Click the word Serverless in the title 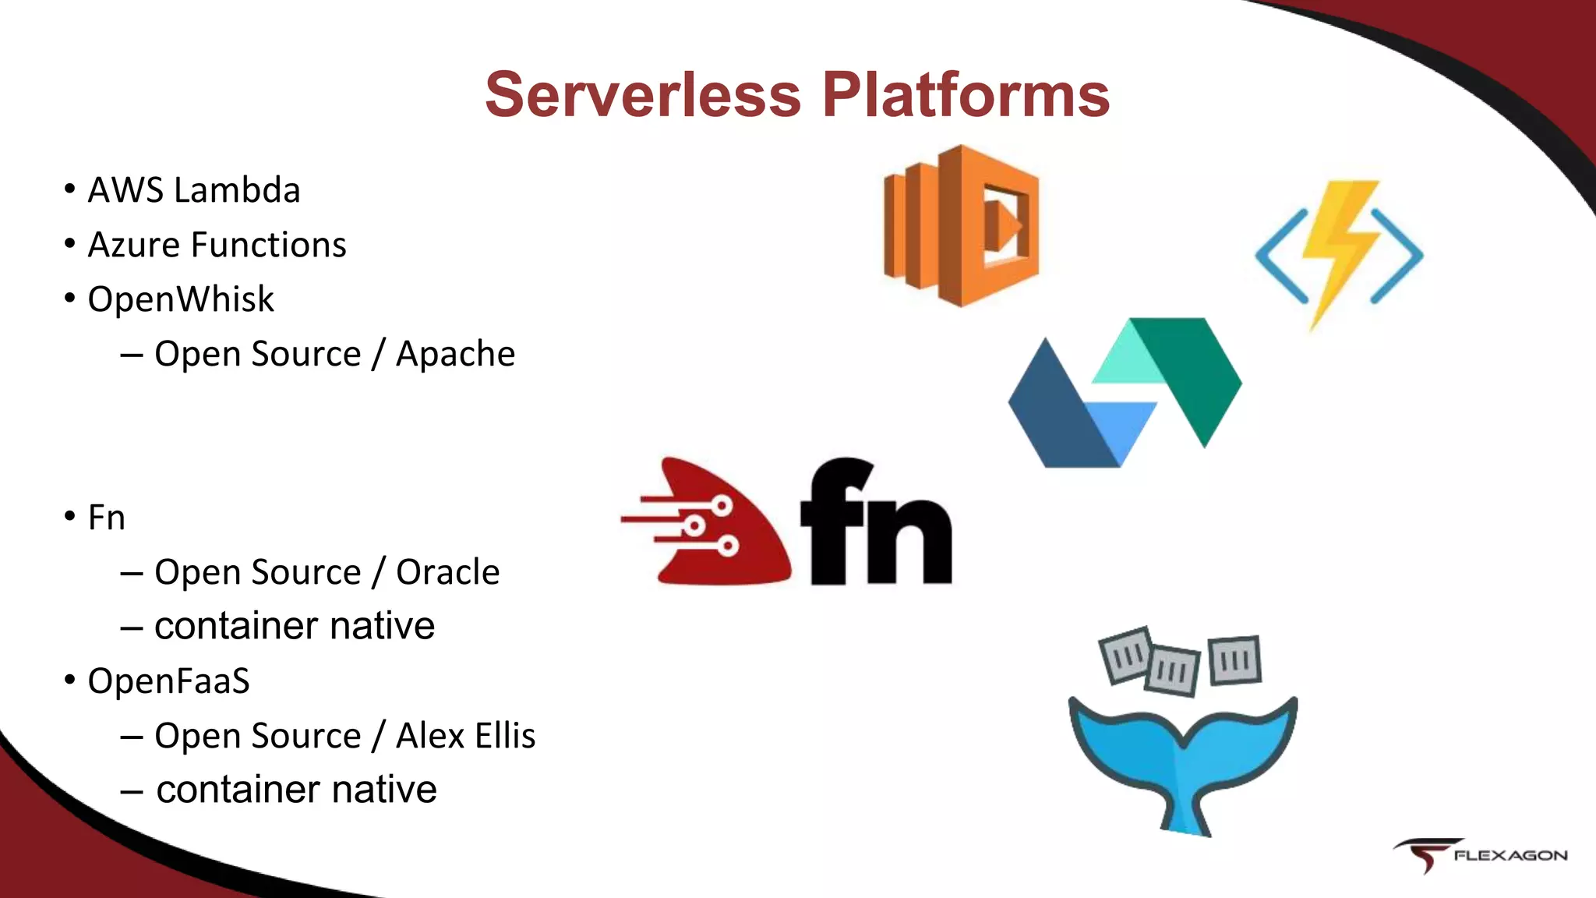coord(643,95)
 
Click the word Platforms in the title coord(966,95)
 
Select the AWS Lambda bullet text coord(193,190)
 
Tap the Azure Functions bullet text coord(217,245)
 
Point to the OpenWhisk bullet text coord(181,299)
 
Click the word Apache coord(455,354)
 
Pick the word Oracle coord(447,572)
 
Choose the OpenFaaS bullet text coord(168,681)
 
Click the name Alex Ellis coord(465,736)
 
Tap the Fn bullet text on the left coord(106,518)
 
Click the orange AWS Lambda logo coord(961,226)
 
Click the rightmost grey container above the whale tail coord(1234,659)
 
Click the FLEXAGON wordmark coord(1510,856)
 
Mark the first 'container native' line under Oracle coord(294,626)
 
